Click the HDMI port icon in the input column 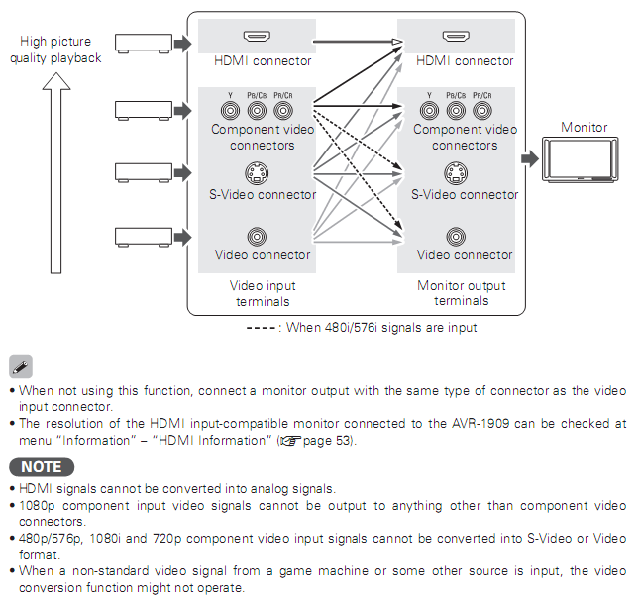(x=258, y=39)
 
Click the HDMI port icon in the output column (x=457, y=39)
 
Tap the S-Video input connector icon (x=258, y=172)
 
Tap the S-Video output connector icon (x=457, y=172)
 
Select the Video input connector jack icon (x=258, y=236)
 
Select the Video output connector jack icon (x=457, y=236)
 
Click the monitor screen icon (x=584, y=157)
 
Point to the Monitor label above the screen (x=584, y=127)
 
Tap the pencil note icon (x=21, y=366)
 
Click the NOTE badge (x=41, y=466)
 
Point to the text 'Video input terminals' (x=263, y=293)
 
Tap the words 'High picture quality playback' (x=55, y=50)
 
